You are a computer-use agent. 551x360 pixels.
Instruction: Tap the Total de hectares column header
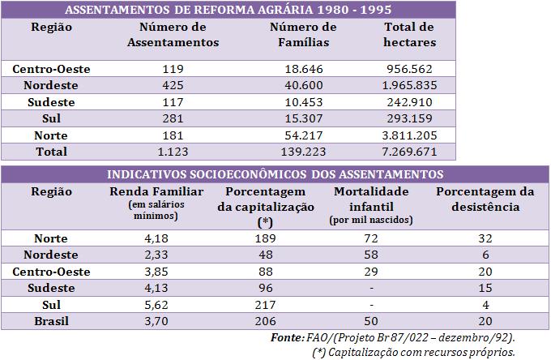[409, 35]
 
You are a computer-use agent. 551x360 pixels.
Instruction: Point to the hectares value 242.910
[409, 102]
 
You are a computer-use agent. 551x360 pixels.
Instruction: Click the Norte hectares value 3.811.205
[409, 135]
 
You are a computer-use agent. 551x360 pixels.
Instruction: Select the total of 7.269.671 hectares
[409, 151]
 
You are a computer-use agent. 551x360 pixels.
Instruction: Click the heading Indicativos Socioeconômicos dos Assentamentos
[275, 174]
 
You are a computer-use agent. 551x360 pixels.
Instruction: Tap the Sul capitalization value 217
[261, 304]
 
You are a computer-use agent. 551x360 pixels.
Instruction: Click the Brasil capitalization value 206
[261, 320]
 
